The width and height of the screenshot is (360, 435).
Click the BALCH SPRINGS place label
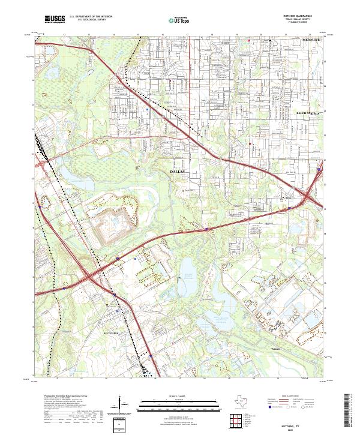[x=309, y=113]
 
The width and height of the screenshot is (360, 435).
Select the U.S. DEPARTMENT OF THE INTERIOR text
[x=89, y=17]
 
